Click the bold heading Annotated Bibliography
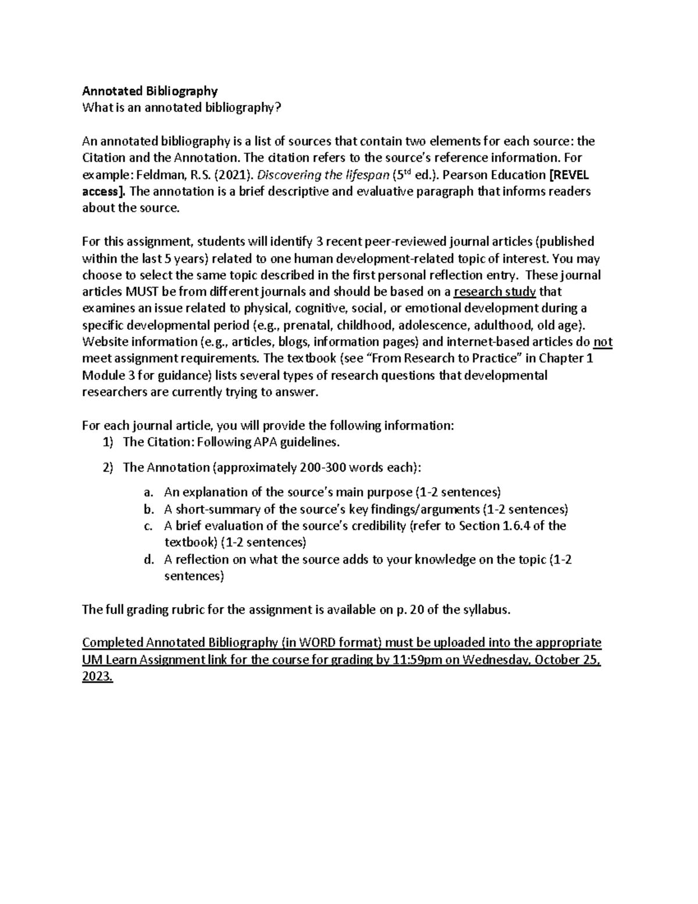pyautogui.click(x=150, y=91)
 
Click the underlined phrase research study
pyautogui.click(x=494, y=292)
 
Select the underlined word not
pyautogui.click(x=603, y=342)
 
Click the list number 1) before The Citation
pyautogui.click(x=108, y=442)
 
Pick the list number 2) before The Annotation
pyautogui.click(x=108, y=467)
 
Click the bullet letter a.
pyautogui.click(x=148, y=492)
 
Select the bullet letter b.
pyautogui.click(x=148, y=510)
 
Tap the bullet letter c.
pyautogui.click(x=148, y=526)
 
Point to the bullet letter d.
pyautogui.click(x=148, y=560)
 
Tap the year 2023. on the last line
pyautogui.click(x=97, y=677)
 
